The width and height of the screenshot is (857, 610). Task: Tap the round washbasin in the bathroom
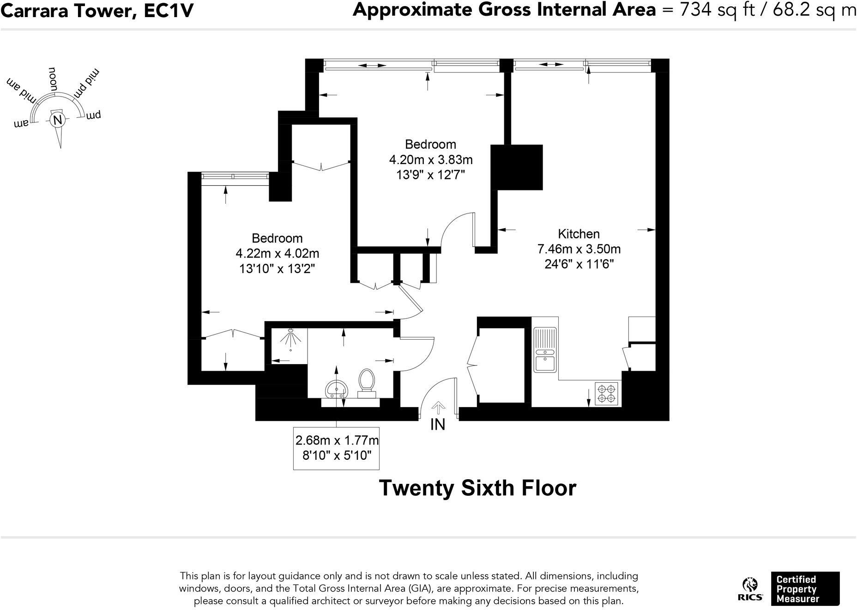coord(336,389)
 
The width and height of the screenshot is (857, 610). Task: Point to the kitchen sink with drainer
coord(545,349)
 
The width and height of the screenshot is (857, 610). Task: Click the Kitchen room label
coord(579,234)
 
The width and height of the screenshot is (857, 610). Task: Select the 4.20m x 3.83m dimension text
coord(430,160)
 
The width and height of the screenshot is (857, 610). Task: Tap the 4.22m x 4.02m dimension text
coord(277,253)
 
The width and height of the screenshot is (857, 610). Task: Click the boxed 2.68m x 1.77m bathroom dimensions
coord(337,447)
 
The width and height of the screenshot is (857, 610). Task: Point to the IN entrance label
coord(437,424)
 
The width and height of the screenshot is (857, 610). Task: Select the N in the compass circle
coord(58,120)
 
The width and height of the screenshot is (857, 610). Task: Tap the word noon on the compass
coord(53,79)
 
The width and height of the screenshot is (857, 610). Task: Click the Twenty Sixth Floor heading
coord(477,488)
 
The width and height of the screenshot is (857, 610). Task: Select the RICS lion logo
coord(749,589)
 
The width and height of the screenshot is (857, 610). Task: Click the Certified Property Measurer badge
coord(805,589)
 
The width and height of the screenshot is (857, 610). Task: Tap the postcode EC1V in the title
coord(168,10)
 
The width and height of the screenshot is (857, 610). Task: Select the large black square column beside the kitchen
coord(516,167)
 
